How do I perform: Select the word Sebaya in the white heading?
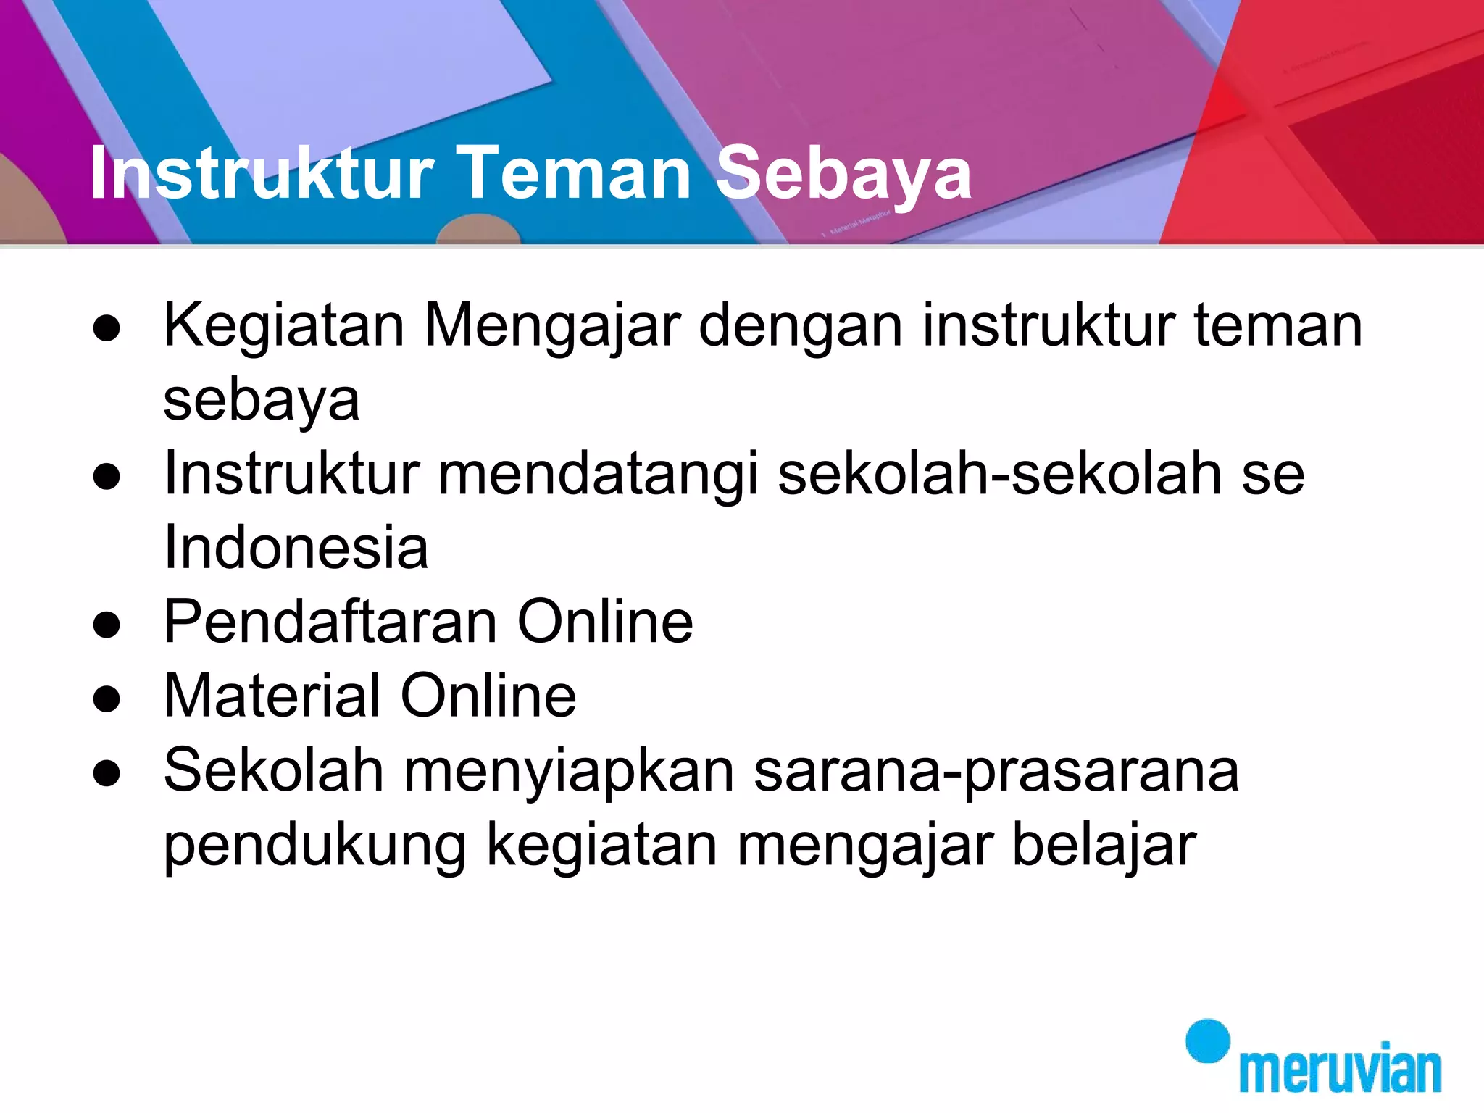(843, 174)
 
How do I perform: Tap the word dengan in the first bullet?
(801, 326)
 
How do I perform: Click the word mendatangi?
(599, 475)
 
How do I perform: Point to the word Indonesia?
(296, 548)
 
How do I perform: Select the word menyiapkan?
(569, 772)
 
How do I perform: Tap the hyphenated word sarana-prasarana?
(996, 772)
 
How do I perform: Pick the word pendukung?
(315, 846)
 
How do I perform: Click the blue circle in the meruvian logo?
(1207, 1041)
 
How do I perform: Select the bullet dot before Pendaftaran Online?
(107, 625)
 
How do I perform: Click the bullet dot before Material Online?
(107, 699)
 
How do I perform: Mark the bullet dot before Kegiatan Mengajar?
(107, 328)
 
